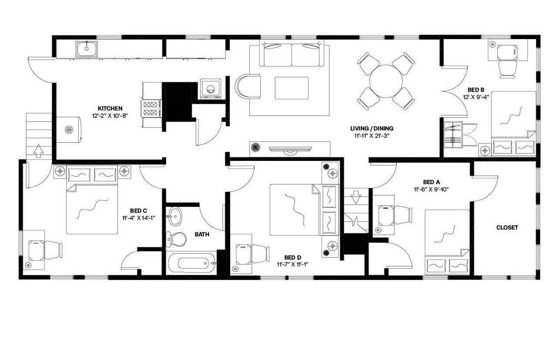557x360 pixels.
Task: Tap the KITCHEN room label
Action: [110, 108]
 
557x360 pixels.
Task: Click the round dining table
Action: [386, 81]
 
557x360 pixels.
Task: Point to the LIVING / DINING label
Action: [372, 128]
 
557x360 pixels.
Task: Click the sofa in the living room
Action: [292, 54]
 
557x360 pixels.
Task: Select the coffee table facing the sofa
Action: [292, 87]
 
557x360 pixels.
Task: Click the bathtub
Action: [192, 263]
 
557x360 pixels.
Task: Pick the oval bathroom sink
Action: [175, 216]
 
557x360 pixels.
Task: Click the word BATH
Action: [202, 234]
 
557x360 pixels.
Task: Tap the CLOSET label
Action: [507, 227]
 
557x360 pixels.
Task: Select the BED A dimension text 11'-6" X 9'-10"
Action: [431, 189]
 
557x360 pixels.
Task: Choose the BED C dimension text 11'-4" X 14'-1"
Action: [139, 218]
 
